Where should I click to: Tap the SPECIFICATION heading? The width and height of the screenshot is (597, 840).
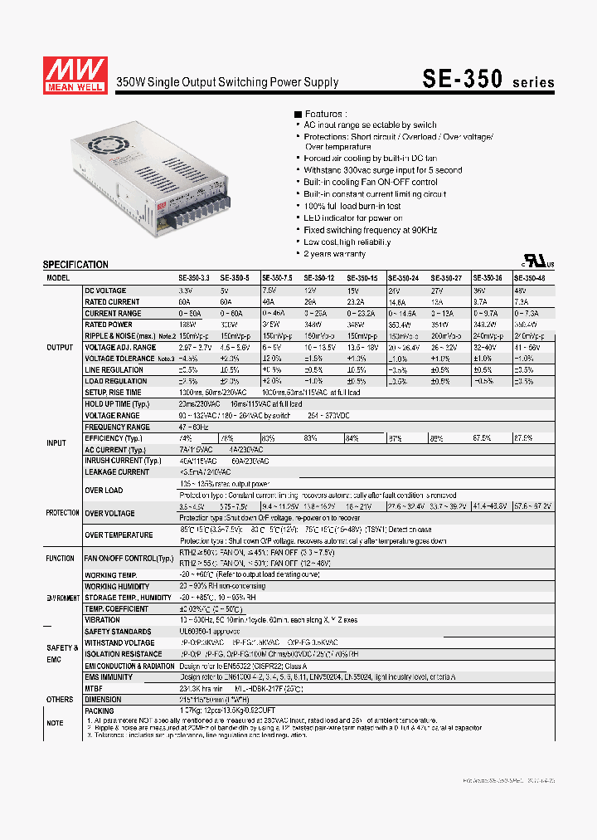coord(75,265)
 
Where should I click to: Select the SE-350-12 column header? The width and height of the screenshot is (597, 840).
coord(318,279)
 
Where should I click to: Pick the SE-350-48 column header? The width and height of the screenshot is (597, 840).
coord(530,279)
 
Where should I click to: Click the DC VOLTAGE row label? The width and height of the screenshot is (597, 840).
coord(105,291)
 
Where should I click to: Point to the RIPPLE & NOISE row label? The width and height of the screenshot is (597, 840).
coord(115,336)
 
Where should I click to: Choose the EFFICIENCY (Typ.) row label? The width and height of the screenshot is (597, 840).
coord(114,438)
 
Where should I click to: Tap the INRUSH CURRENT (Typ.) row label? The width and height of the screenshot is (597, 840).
coord(123,461)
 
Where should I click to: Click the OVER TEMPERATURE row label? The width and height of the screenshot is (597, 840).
coord(119,535)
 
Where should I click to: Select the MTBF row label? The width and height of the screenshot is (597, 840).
coord(94,688)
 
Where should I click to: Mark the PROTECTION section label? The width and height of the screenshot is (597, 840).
coord(63,513)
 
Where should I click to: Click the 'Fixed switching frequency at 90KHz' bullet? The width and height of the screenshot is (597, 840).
coord(370,230)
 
